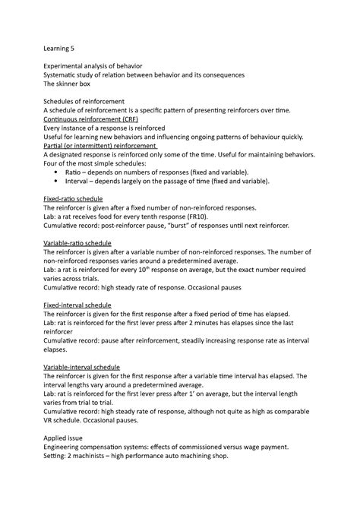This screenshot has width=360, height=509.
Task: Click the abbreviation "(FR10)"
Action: click(x=192, y=216)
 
